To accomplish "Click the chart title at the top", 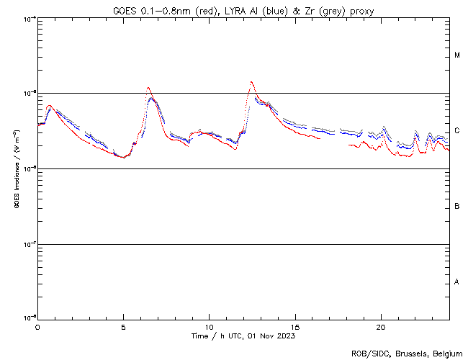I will (243, 11).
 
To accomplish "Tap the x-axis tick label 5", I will (123, 326).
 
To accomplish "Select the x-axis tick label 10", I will (209, 326).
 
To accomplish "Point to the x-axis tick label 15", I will (295, 326).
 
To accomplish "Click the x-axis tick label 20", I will (381, 326).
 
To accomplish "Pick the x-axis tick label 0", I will (37, 326).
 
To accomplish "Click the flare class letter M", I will (457, 55).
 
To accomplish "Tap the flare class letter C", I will (457, 131).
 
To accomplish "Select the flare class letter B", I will (457, 207).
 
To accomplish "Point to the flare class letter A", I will (457, 282).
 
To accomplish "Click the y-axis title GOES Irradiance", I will (17, 169).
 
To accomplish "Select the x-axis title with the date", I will (243, 336).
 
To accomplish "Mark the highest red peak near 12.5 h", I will (251, 82).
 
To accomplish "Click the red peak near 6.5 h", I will (148, 88).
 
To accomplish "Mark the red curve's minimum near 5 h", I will (124, 157).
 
